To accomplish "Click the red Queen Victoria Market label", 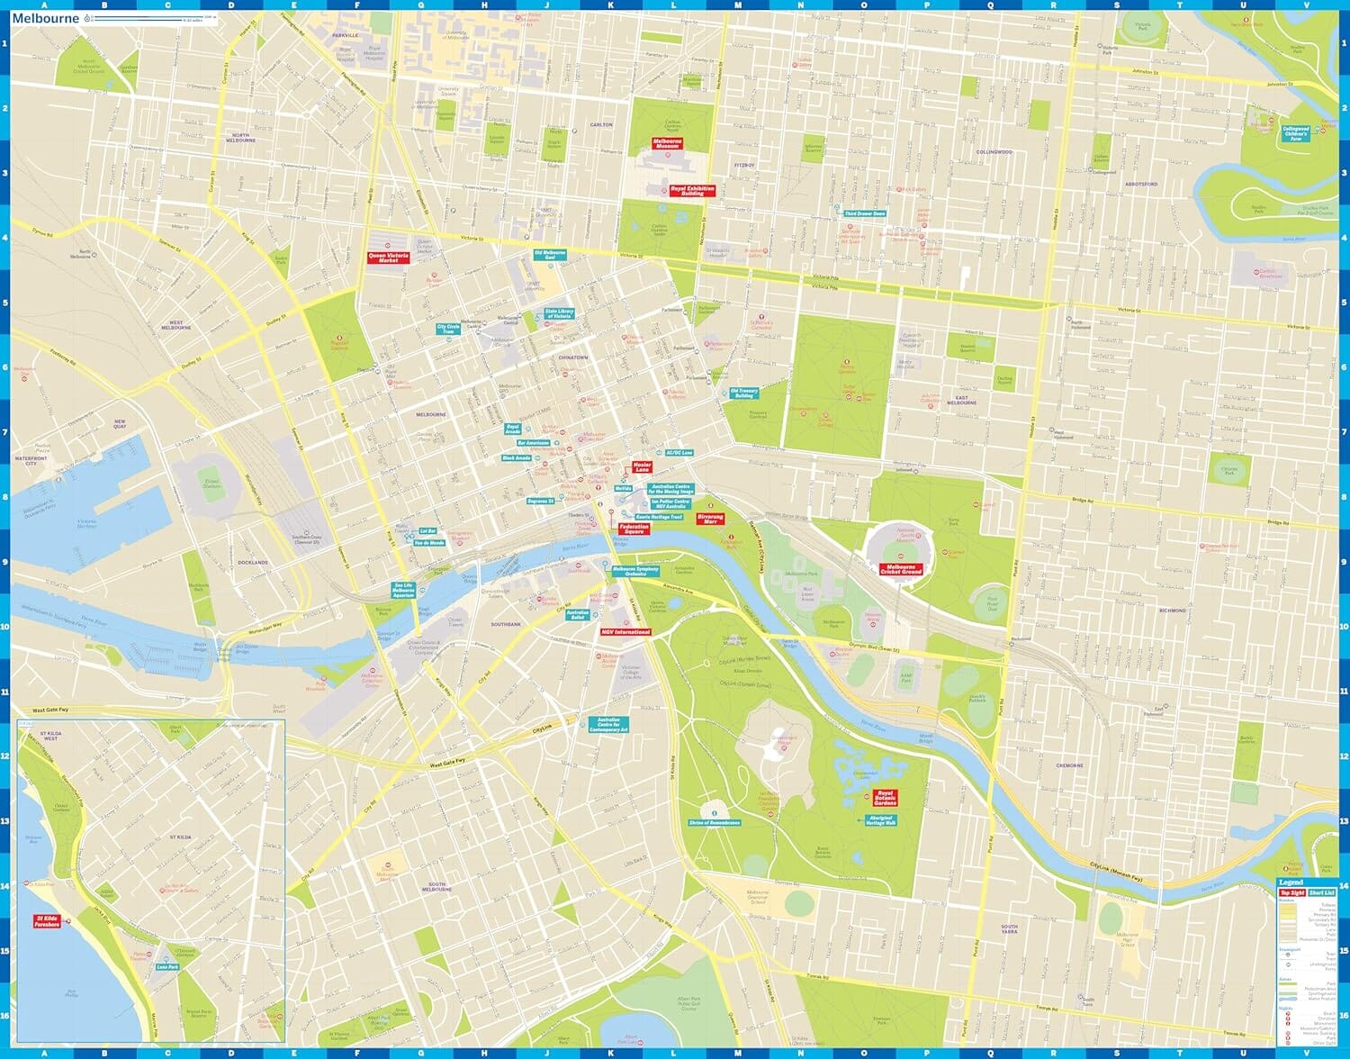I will tap(388, 258).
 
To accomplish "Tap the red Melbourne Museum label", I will tap(667, 143).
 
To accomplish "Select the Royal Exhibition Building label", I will tap(692, 191).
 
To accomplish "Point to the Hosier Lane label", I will tap(642, 467).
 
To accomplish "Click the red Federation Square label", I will tap(634, 529).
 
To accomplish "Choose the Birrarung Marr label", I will tap(710, 519).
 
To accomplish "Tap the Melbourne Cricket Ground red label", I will tap(901, 569).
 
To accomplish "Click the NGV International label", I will tap(625, 632).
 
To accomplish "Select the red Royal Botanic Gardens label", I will tap(886, 799).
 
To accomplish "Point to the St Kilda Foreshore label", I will tap(47, 921).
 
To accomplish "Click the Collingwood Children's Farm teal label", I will tap(1296, 133).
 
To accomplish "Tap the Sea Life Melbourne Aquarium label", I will tap(404, 591).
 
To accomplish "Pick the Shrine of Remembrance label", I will tap(715, 822).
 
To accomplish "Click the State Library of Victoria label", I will tap(559, 314).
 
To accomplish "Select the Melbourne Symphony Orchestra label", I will tap(636, 570).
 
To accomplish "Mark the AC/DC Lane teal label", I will tap(679, 452).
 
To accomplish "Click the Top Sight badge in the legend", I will tap(1291, 892).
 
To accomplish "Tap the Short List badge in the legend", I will tap(1322, 892).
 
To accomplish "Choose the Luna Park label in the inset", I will tap(167, 966).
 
